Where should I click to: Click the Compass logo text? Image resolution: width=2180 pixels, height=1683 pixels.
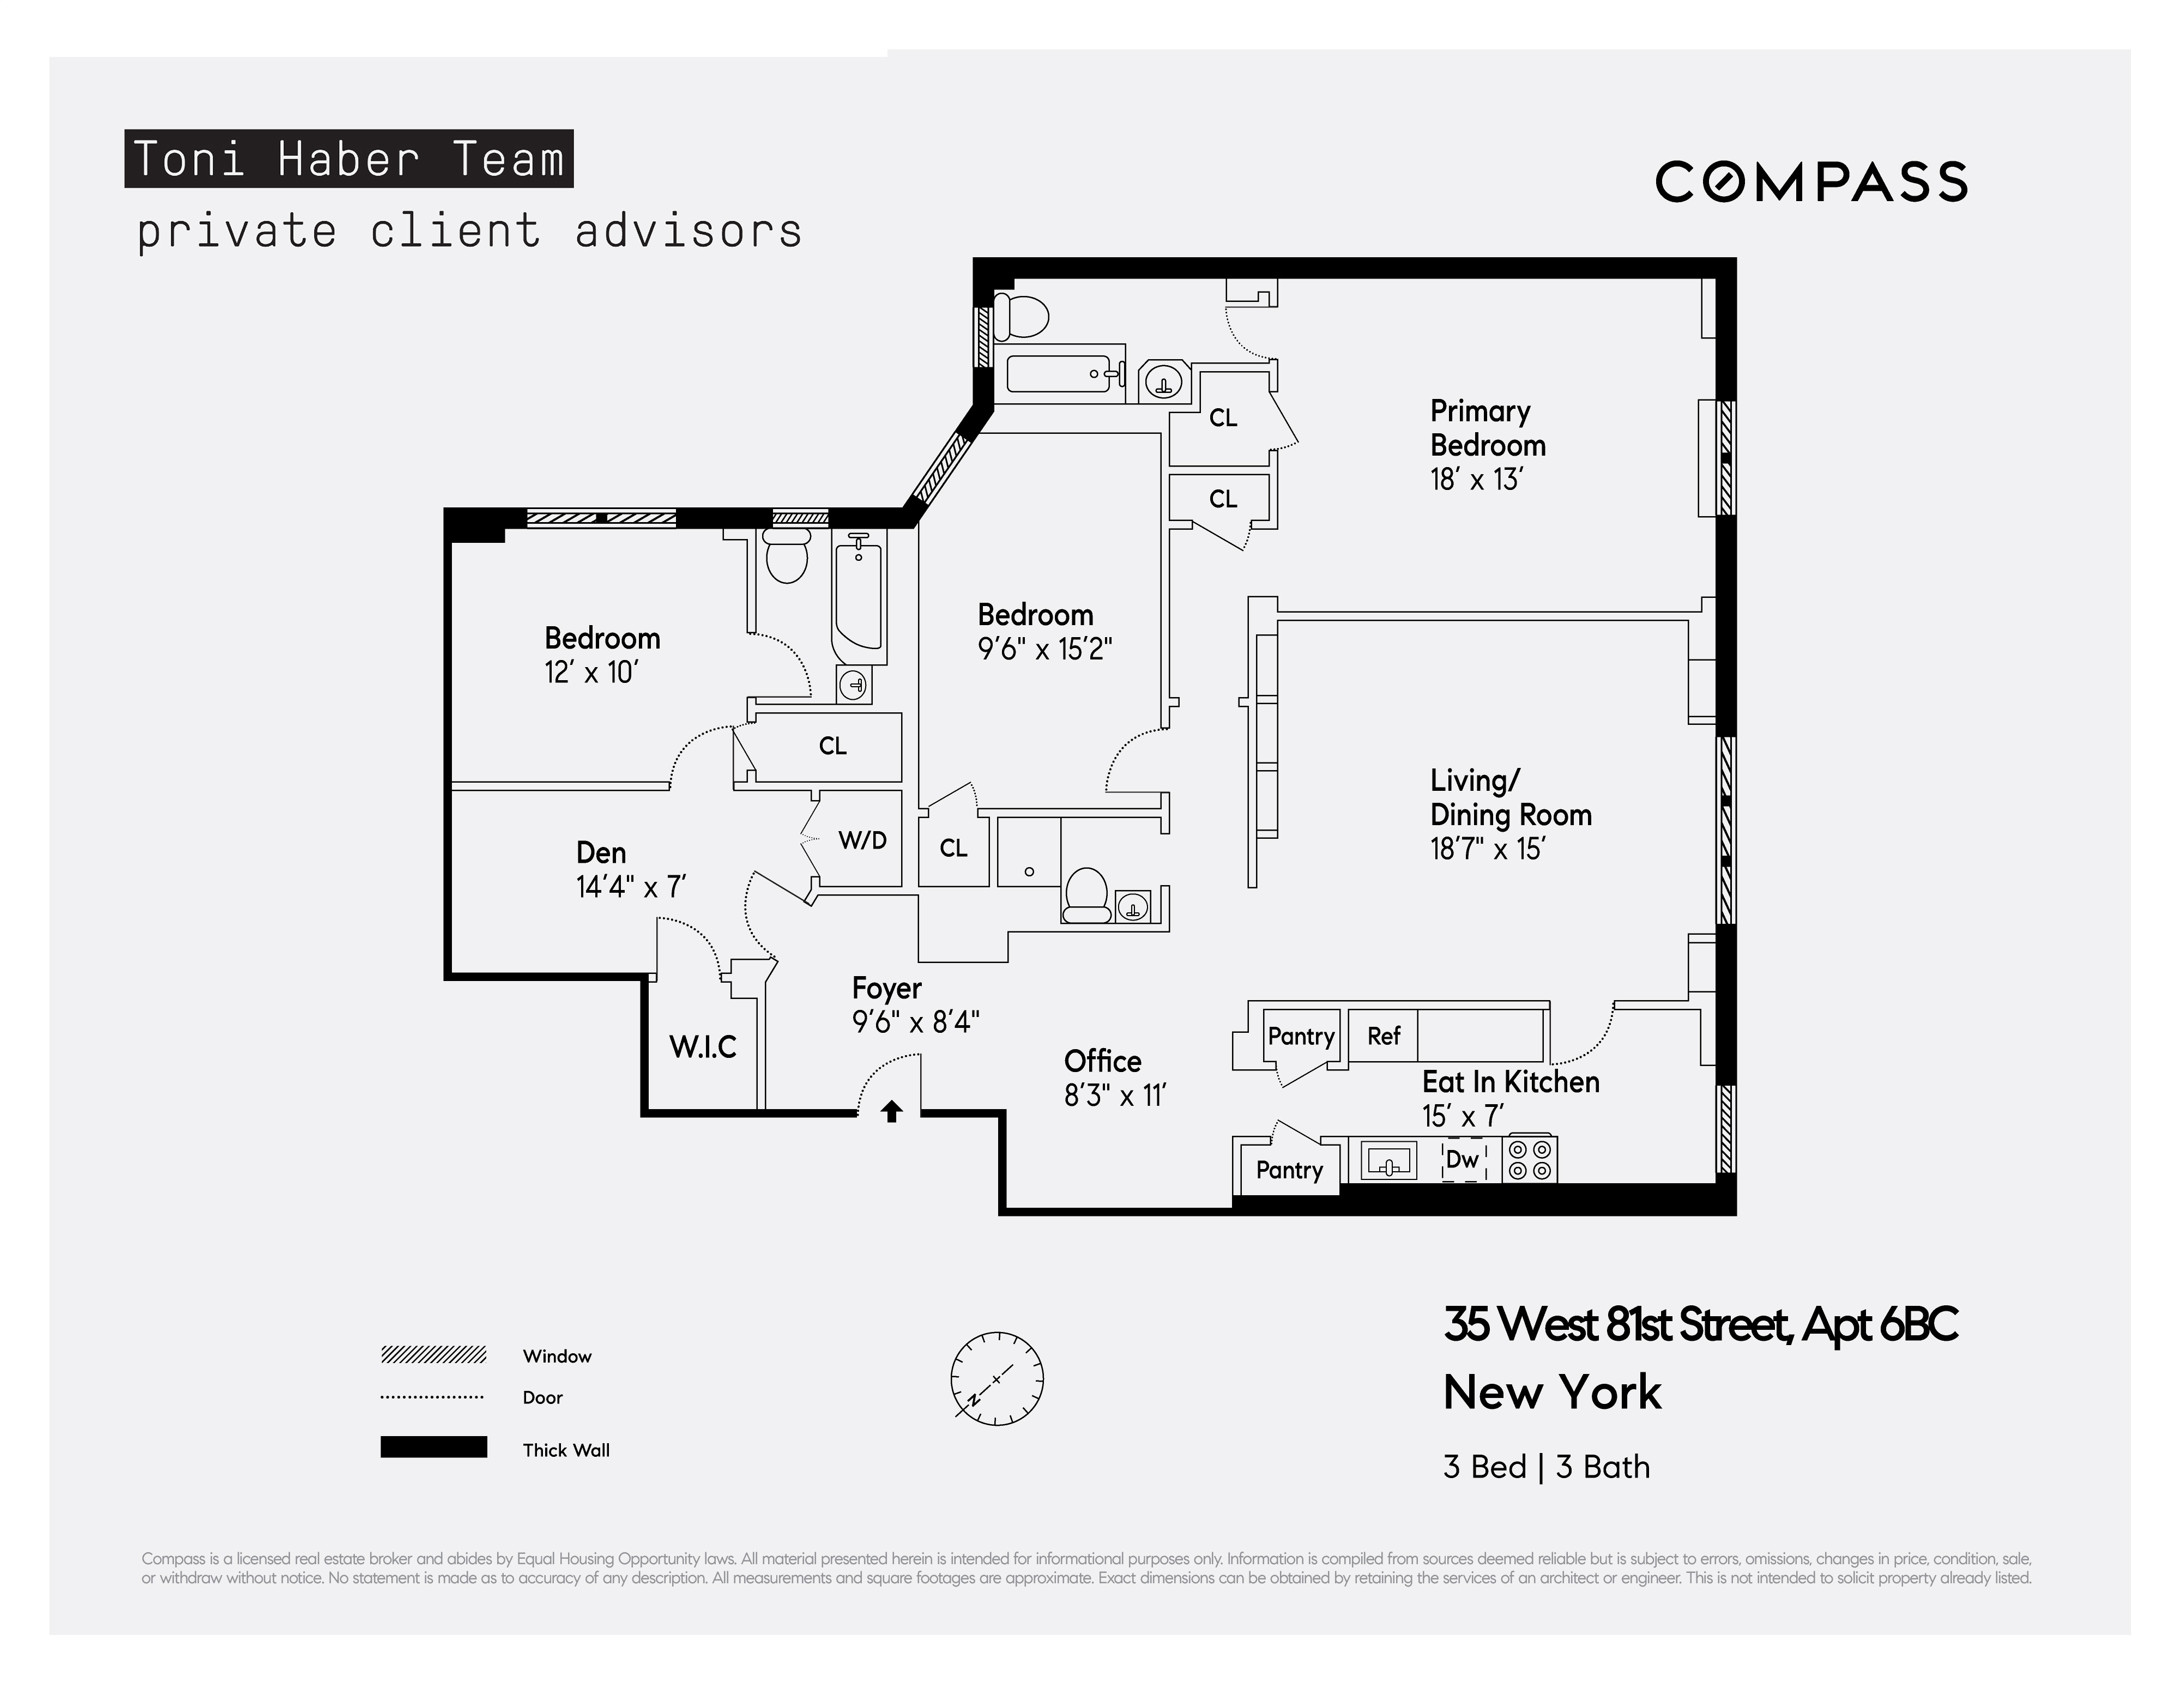[1811, 181]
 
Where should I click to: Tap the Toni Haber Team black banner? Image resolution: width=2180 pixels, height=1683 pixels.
[348, 159]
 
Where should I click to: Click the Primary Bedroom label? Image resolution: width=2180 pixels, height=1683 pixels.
[1487, 428]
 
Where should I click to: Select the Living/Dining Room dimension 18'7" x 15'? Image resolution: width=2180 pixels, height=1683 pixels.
[1487, 850]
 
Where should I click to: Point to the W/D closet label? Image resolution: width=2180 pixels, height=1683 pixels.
[862, 840]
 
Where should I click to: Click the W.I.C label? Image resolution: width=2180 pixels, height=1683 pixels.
[703, 1047]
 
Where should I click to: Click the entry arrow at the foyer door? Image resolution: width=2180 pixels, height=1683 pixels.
[891, 1111]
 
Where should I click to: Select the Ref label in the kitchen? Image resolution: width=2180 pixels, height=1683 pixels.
[1384, 1036]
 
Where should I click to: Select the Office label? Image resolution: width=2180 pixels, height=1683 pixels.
[1102, 1061]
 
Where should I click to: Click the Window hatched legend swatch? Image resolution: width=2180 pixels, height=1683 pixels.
[433, 1354]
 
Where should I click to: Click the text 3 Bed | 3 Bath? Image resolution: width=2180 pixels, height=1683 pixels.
[1546, 1467]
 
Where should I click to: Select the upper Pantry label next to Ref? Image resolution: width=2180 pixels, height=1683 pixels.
[1301, 1036]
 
